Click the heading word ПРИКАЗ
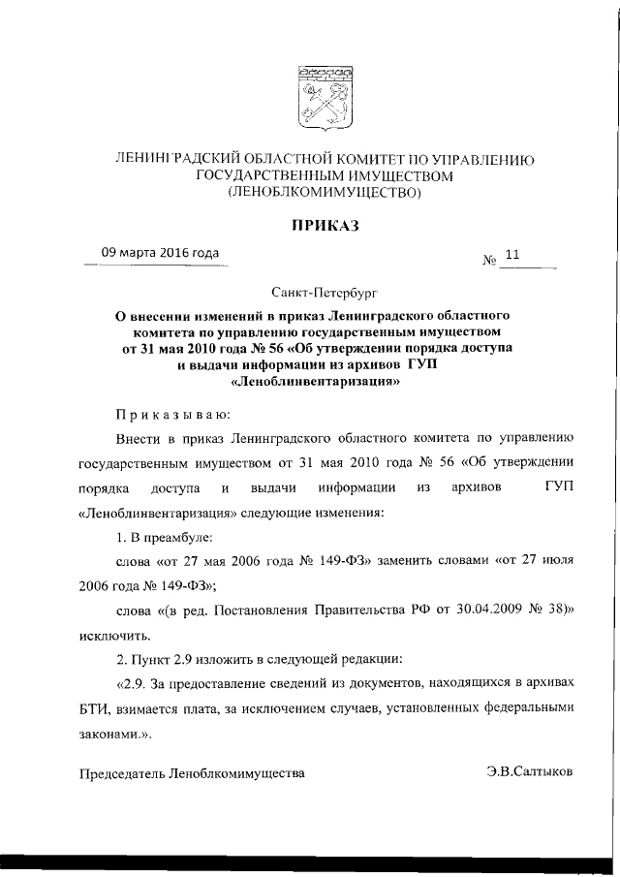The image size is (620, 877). [x=323, y=226]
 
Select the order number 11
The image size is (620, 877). [x=512, y=257]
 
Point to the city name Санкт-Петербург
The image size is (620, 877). [x=323, y=290]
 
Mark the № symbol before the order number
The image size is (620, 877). [x=488, y=261]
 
